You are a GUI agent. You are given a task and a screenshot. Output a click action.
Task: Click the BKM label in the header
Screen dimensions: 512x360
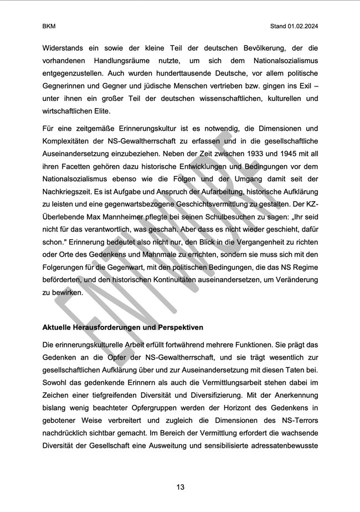point(49,26)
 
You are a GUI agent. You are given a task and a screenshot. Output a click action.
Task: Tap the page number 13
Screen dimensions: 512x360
point(180,487)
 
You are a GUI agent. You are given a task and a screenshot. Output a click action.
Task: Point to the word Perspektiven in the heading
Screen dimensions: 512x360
point(180,327)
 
